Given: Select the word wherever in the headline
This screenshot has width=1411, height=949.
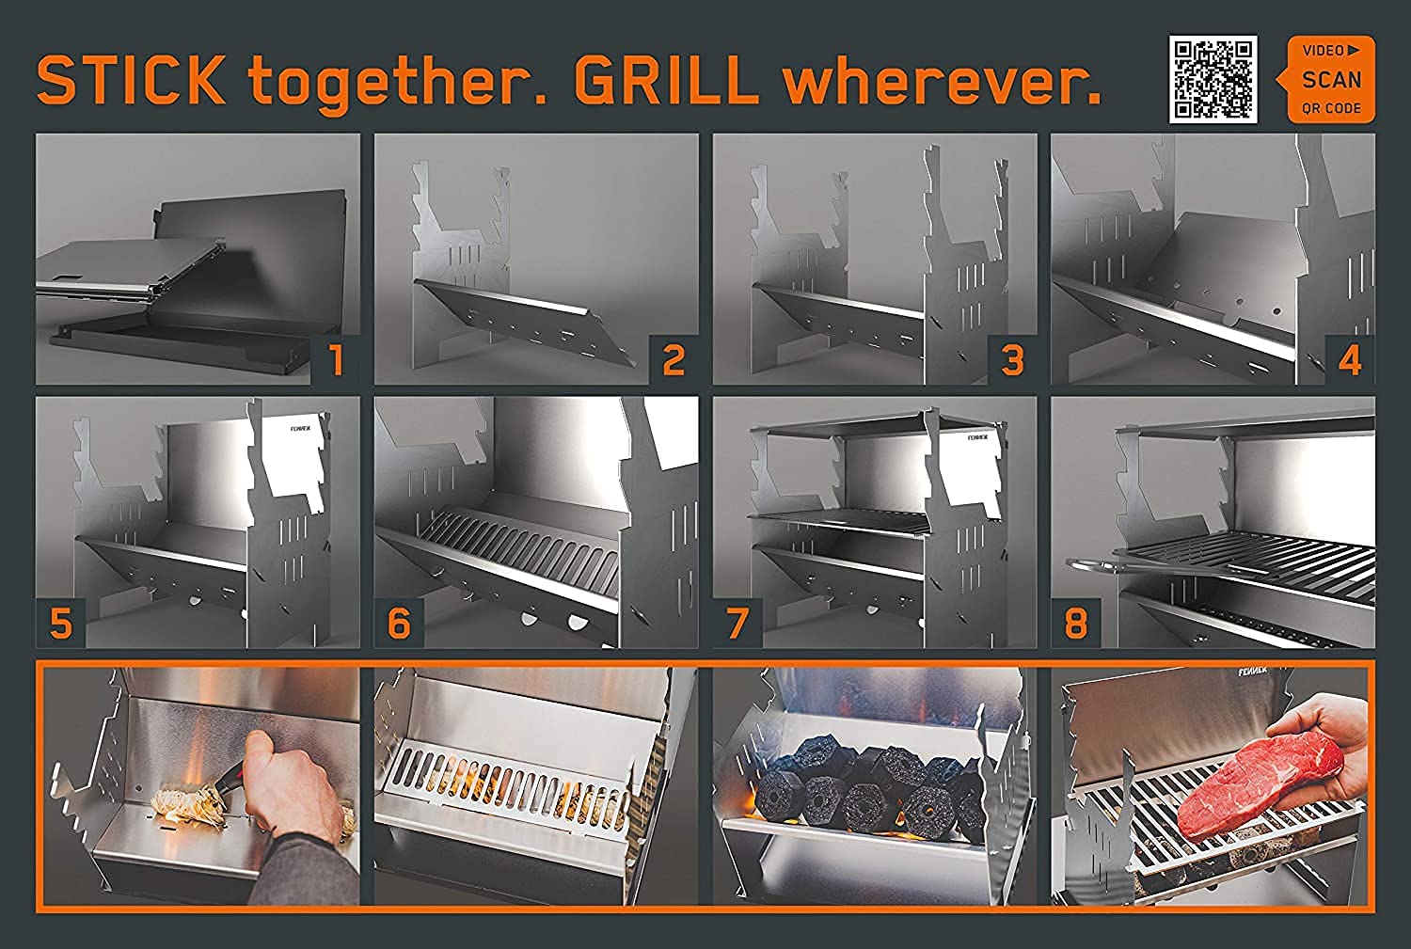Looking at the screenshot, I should click(x=942, y=81).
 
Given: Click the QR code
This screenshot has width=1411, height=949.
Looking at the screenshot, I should click(x=1213, y=79).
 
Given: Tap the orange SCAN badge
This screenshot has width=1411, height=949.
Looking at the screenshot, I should click(x=1330, y=79).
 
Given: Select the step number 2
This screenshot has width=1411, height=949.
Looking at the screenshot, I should click(x=674, y=360).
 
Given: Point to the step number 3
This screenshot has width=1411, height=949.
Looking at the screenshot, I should click(x=1012, y=360).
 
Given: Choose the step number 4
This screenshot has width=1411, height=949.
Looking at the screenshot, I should click(x=1350, y=360).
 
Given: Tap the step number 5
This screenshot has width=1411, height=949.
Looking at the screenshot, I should click(x=60, y=623).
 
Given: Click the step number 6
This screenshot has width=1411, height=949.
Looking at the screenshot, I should click(x=399, y=623).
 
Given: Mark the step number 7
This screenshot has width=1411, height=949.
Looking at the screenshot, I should click(x=737, y=623).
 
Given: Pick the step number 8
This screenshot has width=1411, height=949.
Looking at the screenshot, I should click(x=1075, y=623).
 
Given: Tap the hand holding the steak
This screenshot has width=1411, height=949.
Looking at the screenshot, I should click(x=1345, y=752).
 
